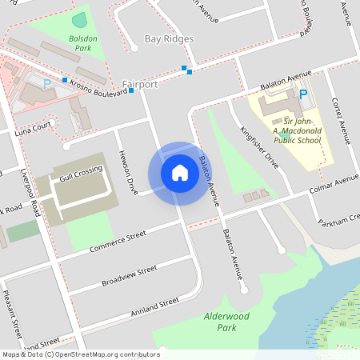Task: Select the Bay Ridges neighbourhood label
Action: click(x=169, y=38)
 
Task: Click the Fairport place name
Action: click(x=140, y=83)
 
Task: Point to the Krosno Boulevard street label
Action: click(x=98, y=88)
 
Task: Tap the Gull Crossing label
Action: click(x=80, y=171)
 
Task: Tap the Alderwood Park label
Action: click(x=220, y=322)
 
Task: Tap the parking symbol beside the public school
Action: click(x=302, y=94)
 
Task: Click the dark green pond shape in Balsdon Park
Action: click(x=79, y=19)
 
